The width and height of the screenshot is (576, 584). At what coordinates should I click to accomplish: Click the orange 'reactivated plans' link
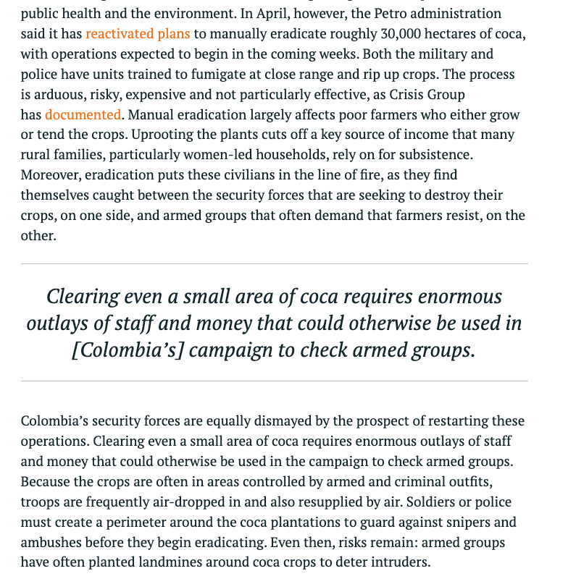[x=138, y=33]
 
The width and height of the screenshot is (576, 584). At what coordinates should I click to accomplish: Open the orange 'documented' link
[x=83, y=114]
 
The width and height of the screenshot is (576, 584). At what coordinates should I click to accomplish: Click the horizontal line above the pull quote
[x=274, y=264]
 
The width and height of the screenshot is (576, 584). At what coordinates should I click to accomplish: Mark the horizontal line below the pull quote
[x=274, y=381]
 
